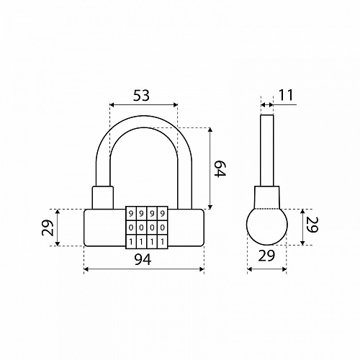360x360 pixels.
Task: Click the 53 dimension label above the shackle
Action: click(x=141, y=95)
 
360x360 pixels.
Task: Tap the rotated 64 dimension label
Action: click(x=220, y=169)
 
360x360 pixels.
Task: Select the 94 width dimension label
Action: click(x=143, y=259)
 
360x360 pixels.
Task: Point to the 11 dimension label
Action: click(x=286, y=95)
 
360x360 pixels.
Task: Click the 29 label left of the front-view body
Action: click(x=48, y=228)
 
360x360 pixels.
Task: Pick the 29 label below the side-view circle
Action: click(x=266, y=256)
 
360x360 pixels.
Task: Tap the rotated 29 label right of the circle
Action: click(x=312, y=225)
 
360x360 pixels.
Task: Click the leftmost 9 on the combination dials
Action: click(x=131, y=213)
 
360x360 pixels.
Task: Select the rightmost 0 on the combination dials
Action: click(x=163, y=227)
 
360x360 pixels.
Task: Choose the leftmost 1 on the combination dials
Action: click(x=131, y=241)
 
